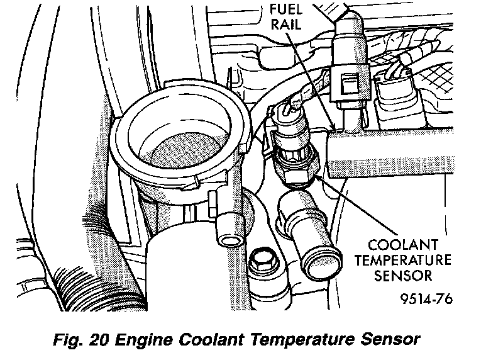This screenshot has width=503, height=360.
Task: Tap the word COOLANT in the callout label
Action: point(404,244)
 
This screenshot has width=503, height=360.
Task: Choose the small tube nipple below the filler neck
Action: point(229,240)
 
